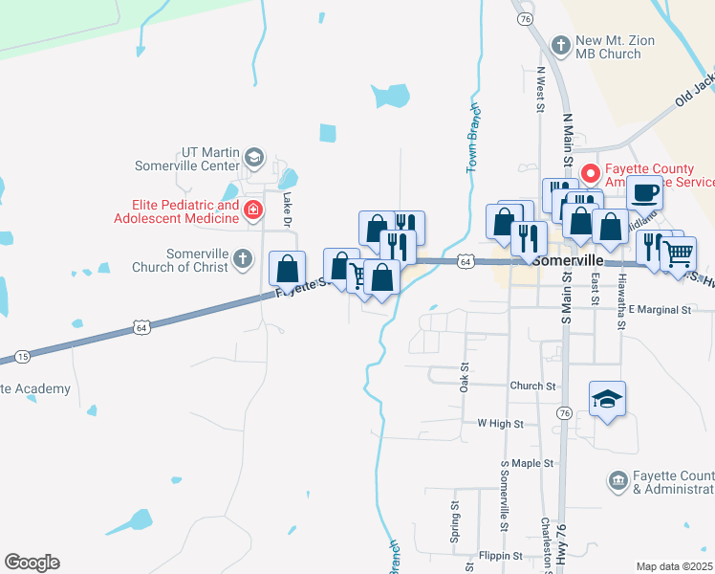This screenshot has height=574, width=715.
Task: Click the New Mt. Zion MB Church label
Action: click(x=608, y=48)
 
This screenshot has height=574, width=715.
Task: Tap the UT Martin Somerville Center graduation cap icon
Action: click(x=253, y=156)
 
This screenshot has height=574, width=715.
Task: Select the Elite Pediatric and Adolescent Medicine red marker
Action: click(x=253, y=210)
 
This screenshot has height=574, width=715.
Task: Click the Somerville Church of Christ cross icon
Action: click(x=244, y=257)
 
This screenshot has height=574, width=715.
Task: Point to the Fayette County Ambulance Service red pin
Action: click(x=591, y=174)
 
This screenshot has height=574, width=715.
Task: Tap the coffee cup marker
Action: click(x=644, y=192)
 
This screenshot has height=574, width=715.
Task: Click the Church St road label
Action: click(x=532, y=386)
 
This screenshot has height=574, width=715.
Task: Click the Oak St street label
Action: click(x=466, y=377)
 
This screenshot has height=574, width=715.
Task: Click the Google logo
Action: click(x=32, y=563)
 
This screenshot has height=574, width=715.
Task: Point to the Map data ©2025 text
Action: click(x=674, y=566)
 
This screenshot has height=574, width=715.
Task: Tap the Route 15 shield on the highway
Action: click(x=23, y=356)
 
